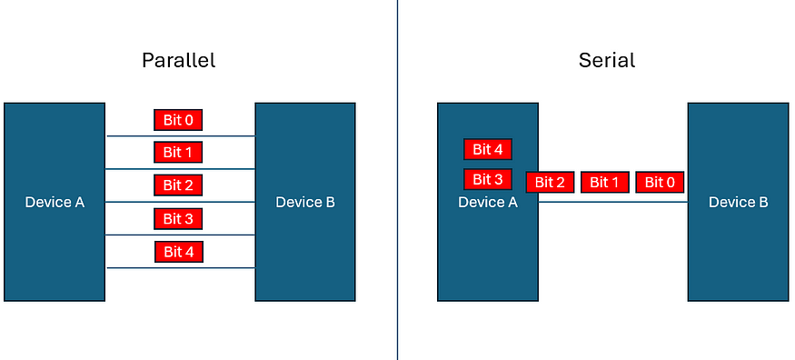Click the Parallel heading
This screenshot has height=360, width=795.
click(x=178, y=62)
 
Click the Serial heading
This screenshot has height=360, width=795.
click(x=606, y=62)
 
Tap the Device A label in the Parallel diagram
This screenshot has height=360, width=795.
click(x=55, y=202)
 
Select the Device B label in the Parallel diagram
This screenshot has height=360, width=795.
click(x=304, y=202)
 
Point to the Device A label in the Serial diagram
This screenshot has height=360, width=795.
click(x=488, y=202)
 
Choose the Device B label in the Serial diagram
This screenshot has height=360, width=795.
click(x=738, y=202)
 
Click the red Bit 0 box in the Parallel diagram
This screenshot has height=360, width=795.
click(x=178, y=119)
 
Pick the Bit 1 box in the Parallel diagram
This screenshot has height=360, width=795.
click(x=178, y=152)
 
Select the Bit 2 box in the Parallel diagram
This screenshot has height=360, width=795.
click(x=178, y=185)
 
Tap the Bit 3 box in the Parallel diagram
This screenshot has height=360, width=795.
click(x=178, y=218)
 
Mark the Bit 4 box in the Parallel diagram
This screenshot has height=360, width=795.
click(x=178, y=251)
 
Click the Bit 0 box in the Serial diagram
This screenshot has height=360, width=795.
click(x=660, y=183)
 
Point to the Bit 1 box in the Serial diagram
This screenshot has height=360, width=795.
click(x=604, y=183)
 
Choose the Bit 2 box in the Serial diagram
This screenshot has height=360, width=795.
click(x=550, y=183)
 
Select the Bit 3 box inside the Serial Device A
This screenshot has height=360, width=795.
click(x=488, y=179)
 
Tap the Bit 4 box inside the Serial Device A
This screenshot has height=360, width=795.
click(x=488, y=150)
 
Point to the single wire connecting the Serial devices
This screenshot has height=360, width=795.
click(x=613, y=202)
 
